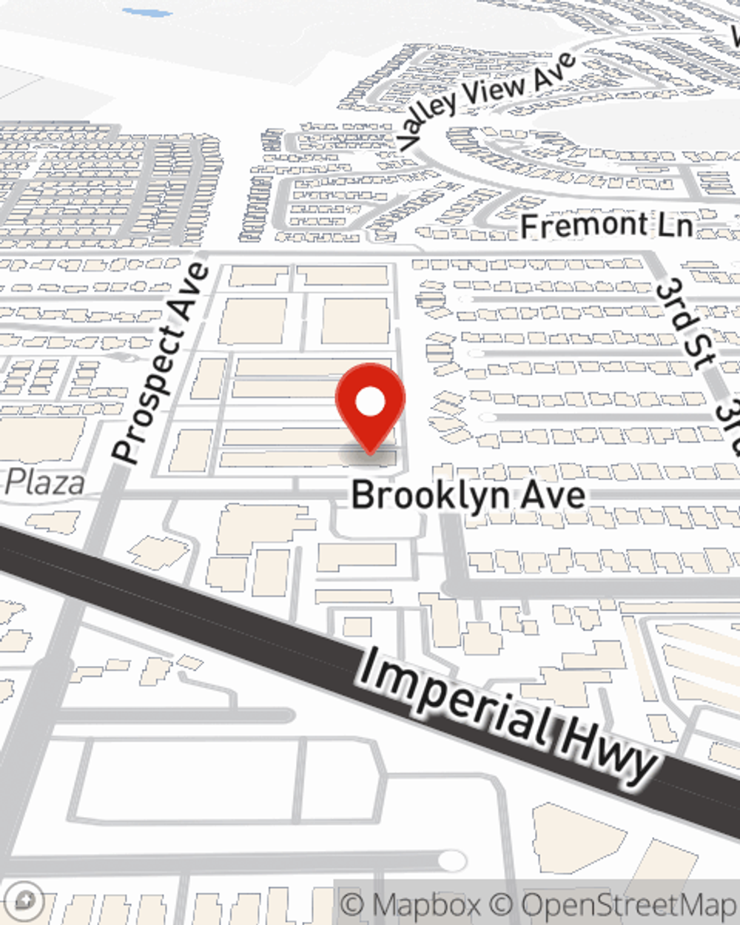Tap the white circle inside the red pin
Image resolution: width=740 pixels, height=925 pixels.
point(370,403)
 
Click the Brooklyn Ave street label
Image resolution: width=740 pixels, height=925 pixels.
point(468,495)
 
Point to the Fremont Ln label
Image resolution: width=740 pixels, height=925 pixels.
point(607,225)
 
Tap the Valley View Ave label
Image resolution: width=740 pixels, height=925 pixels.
point(485,101)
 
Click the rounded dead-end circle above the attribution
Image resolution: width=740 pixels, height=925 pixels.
point(452,860)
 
